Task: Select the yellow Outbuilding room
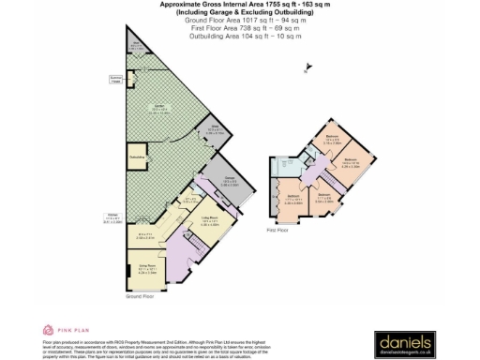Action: coord(137,157)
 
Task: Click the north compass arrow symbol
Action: coord(305,66)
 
